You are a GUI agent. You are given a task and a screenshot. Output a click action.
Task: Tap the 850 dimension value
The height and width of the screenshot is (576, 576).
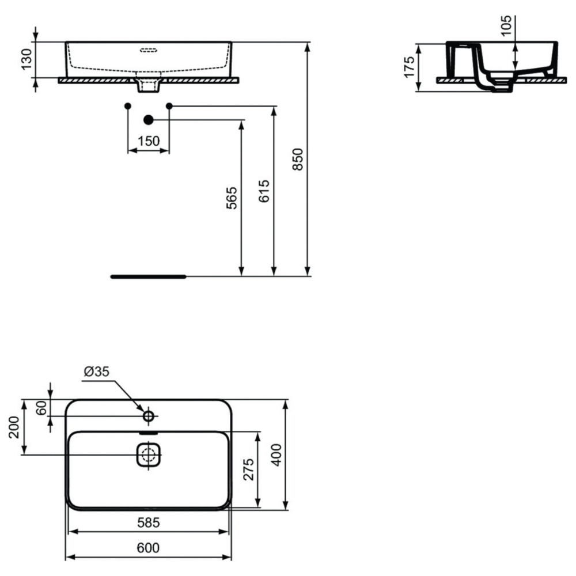coord(298,159)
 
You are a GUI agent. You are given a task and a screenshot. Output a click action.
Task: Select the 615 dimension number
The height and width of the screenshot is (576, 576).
coord(264,190)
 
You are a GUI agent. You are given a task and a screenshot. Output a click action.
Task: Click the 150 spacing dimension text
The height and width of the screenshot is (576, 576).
coord(149,141)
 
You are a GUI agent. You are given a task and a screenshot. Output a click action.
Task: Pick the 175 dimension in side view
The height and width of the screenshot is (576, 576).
coord(410,67)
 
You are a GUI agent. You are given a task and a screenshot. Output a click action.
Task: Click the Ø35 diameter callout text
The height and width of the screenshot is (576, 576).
coord(96,372)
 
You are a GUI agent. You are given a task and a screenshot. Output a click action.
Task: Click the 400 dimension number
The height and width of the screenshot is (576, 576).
coord(277,455)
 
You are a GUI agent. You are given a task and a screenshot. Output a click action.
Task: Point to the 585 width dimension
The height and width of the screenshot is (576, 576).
coord(148,523)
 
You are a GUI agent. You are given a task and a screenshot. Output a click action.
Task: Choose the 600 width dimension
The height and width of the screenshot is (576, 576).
coord(148,548)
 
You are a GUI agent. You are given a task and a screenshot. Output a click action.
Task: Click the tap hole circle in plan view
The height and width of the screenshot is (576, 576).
coord(148,415)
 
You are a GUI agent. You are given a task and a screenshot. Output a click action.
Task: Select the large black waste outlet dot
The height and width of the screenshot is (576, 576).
coord(148,120)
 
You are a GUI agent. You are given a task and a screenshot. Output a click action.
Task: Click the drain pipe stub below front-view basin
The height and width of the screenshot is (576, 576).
coord(148,86)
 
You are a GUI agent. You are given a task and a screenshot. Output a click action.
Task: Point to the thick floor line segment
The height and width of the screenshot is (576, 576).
coord(148,276)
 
